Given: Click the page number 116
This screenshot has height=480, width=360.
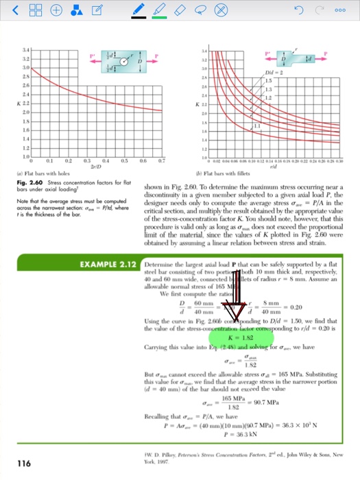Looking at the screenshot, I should [x=24, y=464].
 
